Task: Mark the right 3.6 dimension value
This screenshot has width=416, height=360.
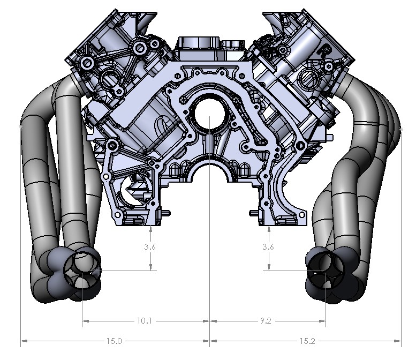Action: pyautogui.click(x=268, y=247)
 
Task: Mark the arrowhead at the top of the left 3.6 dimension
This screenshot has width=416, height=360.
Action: pyautogui.click(x=152, y=229)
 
